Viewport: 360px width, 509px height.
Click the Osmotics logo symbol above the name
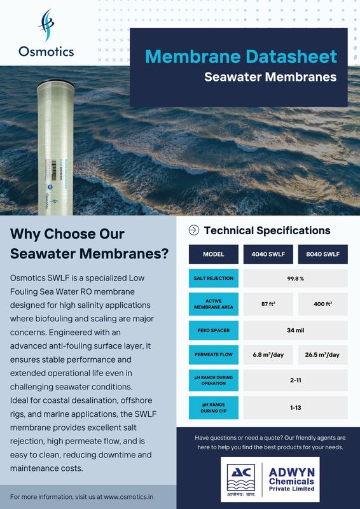coord(46,26)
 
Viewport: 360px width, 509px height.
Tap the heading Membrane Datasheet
coord(240,56)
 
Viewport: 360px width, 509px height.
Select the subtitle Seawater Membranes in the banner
coord(270,78)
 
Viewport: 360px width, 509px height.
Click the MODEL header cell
coord(213,254)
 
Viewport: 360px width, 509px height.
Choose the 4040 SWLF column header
coord(268,254)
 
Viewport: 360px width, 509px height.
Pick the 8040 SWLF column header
coord(322,254)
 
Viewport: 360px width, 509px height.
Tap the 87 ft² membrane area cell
coord(268,304)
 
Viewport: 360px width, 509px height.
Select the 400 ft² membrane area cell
coord(322,304)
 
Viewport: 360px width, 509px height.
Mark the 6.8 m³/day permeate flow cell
coord(268,354)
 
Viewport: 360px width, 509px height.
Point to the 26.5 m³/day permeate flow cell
coord(322,354)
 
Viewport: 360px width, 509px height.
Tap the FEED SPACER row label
coord(213,331)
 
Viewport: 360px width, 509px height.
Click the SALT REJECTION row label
coord(213,278)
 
